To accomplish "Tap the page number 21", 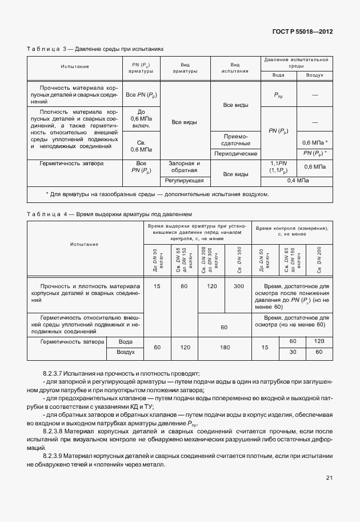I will coord(330,477).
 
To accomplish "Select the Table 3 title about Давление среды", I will coord(95,49).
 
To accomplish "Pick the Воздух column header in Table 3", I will coord(314,75).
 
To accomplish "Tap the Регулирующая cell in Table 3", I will coord(185,181).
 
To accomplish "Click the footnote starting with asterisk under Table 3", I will coord(157,194).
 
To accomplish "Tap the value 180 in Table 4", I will coord(224,347).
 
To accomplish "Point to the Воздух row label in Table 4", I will coord(125,353).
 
